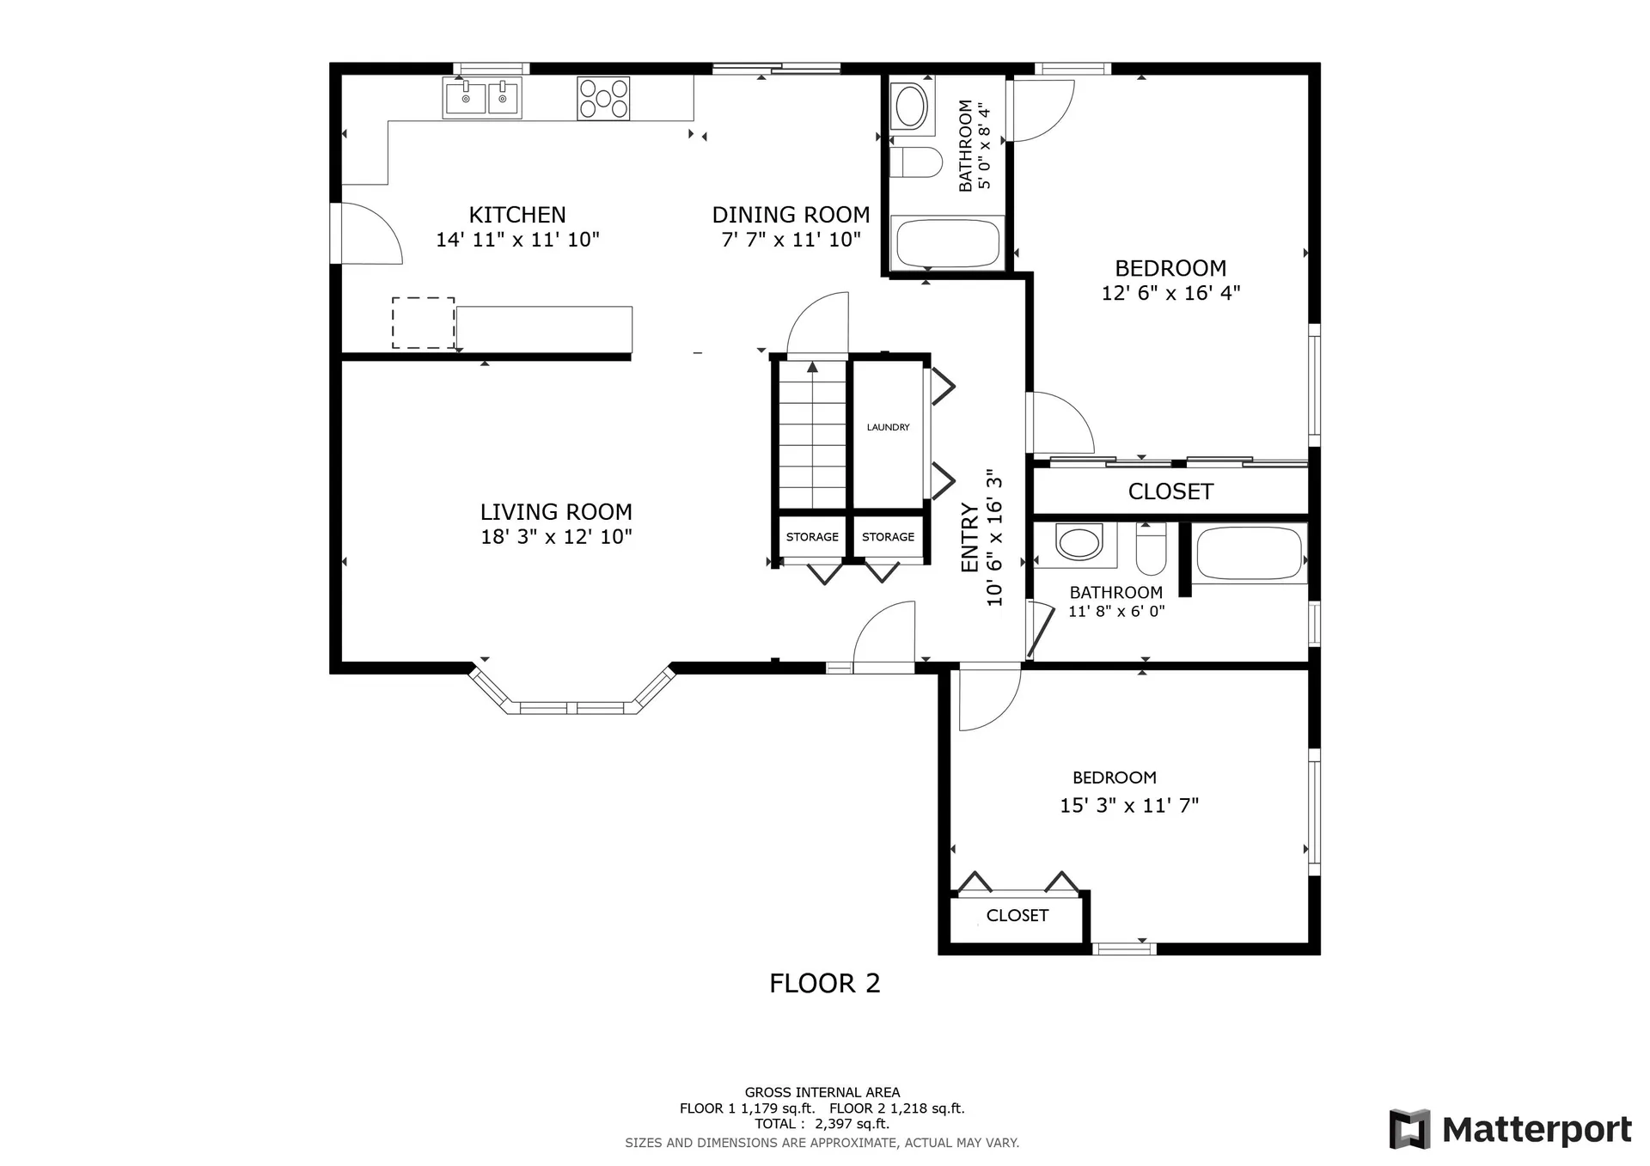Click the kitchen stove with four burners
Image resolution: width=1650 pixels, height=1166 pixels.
pyautogui.click(x=603, y=98)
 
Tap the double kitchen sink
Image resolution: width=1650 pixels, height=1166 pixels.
pyautogui.click(x=482, y=98)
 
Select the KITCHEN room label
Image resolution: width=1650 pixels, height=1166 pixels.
pyautogui.click(x=517, y=215)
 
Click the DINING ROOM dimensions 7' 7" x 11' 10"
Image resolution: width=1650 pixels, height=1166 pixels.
pyautogui.click(x=791, y=240)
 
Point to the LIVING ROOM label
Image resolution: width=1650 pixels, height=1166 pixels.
pyautogui.click(x=556, y=512)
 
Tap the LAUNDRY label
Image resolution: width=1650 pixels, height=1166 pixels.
pyautogui.click(x=888, y=427)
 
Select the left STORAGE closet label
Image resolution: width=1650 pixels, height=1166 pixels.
pyautogui.click(x=812, y=537)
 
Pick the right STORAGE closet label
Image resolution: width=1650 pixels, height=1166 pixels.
pyautogui.click(x=888, y=537)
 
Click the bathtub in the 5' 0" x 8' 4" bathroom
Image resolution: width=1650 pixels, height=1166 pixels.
pyautogui.click(x=948, y=243)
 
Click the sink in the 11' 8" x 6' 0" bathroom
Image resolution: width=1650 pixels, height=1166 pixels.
pyautogui.click(x=1079, y=543)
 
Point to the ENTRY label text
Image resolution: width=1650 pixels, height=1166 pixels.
pyautogui.click(x=970, y=538)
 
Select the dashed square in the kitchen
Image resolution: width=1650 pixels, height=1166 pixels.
pyautogui.click(x=424, y=323)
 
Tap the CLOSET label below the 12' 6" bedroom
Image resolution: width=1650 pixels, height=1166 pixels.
pyautogui.click(x=1170, y=491)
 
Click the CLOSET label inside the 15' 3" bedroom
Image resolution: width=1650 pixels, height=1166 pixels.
pyautogui.click(x=1017, y=916)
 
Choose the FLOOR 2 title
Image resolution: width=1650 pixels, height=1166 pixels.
pyautogui.click(x=825, y=983)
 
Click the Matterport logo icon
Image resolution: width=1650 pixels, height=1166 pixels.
pyautogui.click(x=1409, y=1128)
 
